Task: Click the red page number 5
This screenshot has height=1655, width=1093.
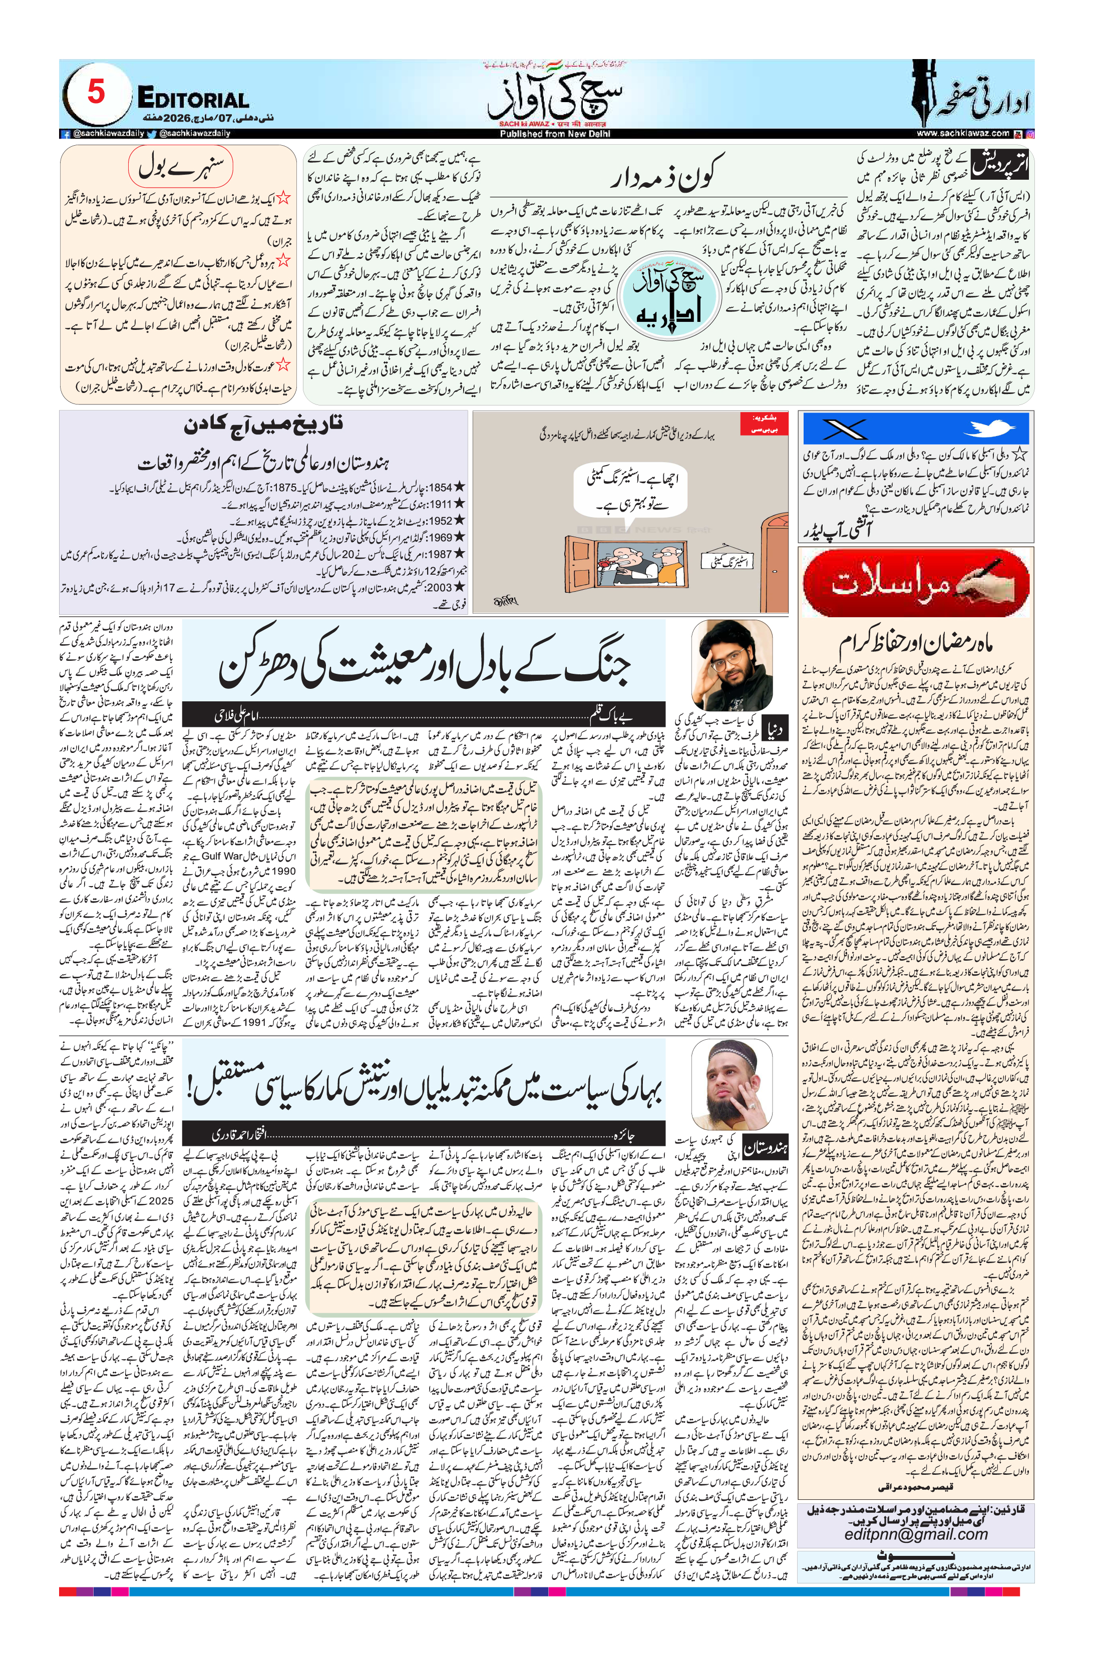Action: click(96, 92)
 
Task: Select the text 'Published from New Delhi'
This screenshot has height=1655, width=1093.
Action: click(554, 134)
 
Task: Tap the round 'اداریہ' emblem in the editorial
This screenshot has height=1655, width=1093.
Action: click(669, 295)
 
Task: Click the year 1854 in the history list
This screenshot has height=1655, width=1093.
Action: click(440, 487)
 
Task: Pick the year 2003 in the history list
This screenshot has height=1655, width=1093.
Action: click(440, 587)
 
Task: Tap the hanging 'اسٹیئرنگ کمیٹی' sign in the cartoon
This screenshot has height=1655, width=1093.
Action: click(726, 561)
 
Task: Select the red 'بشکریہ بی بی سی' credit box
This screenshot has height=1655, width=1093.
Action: click(764, 424)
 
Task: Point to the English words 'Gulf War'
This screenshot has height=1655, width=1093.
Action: click(222, 856)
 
